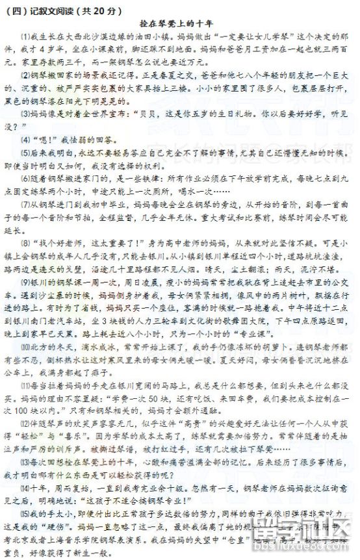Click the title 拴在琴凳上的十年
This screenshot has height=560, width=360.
(x=179, y=20)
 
